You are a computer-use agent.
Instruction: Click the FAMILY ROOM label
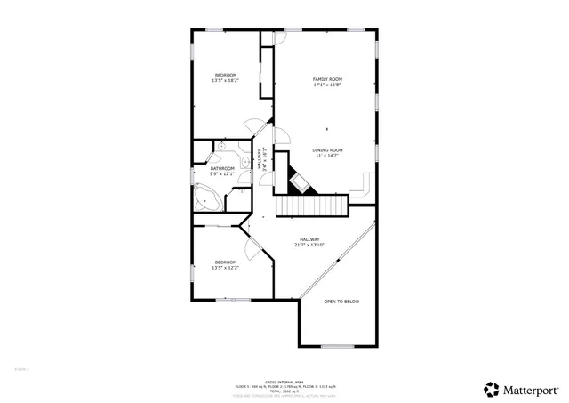pos(327,79)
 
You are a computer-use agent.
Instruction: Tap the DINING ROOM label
pos(327,149)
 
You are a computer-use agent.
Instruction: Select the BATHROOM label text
pos(222,168)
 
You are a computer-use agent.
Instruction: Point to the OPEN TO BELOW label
pos(341,302)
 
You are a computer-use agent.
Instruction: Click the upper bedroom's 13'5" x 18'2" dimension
pos(224,81)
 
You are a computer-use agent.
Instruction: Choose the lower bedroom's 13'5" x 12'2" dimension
pos(224,268)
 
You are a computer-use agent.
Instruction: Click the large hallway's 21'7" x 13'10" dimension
pos(309,245)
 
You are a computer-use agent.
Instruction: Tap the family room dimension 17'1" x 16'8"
pos(327,85)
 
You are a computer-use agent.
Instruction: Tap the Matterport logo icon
pos(491,389)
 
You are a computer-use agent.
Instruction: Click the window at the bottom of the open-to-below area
pos(337,346)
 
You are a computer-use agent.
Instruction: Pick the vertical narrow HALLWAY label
pos(261,158)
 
